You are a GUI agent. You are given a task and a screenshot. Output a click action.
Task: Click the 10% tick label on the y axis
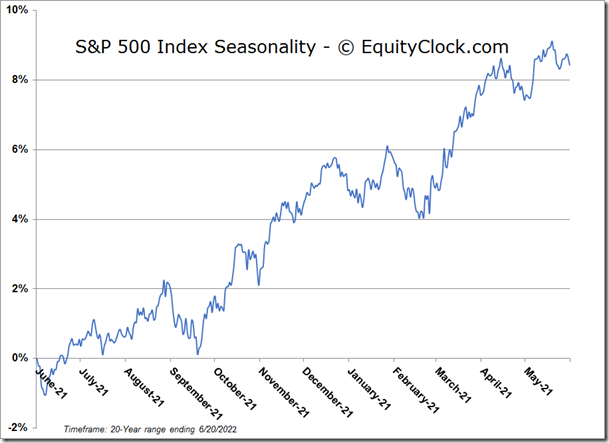click(19, 10)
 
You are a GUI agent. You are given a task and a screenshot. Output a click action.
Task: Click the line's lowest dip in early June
click(45, 395)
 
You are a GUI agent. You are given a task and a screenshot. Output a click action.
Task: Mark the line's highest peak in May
click(552, 42)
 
